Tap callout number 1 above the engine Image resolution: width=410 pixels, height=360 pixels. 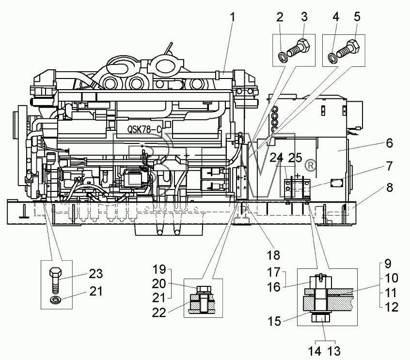click(232, 17)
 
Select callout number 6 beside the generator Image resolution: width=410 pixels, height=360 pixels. click(389, 143)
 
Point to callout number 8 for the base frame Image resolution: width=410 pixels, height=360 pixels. click(389, 188)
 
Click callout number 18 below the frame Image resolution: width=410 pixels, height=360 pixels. click(273, 255)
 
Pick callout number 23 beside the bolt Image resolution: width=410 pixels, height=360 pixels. click(96, 274)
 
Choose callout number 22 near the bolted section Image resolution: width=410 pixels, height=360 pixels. click(159, 313)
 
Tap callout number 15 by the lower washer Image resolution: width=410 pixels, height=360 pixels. click(274, 321)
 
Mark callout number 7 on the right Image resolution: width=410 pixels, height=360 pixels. click(389, 166)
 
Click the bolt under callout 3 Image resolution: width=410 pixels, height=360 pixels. click(298, 50)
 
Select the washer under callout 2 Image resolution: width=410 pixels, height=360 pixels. click(283, 57)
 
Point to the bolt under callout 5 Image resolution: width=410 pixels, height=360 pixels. click(348, 50)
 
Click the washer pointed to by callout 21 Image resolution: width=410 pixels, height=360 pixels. click(55, 300)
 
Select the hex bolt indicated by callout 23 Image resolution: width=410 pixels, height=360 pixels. click(55, 281)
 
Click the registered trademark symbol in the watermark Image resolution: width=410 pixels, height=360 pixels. click(310, 166)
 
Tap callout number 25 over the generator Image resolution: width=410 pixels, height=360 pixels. click(295, 158)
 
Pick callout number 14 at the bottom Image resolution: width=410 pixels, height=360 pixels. click(315, 351)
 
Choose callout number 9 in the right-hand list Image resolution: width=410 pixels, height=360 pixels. click(388, 264)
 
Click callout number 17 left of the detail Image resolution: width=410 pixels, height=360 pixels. click(273, 272)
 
